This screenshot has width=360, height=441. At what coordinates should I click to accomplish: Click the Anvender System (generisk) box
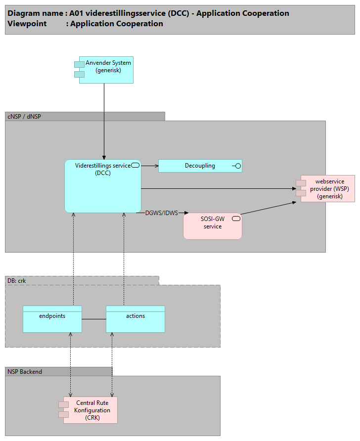pos(106,70)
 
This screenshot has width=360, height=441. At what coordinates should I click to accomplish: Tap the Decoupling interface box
pos(200,166)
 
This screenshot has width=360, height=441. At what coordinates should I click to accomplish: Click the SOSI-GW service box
pos(213,226)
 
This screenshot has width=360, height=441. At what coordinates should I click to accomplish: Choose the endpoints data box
pos(52,319)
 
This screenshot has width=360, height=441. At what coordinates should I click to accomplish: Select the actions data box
pos(135,319)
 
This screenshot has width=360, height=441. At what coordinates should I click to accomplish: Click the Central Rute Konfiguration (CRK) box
pos(92,410)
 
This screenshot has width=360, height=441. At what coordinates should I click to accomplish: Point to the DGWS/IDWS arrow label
pos(161,214)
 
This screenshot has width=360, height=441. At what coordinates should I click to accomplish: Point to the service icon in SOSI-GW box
pos(236,218)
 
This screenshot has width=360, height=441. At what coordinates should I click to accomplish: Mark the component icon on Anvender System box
pos(79,69)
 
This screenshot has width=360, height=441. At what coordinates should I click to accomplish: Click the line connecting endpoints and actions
pos(94,319)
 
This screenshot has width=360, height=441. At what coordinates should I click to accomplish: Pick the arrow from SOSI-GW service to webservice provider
pos(270,208)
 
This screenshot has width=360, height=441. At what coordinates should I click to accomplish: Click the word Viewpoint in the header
pos(26,24)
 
